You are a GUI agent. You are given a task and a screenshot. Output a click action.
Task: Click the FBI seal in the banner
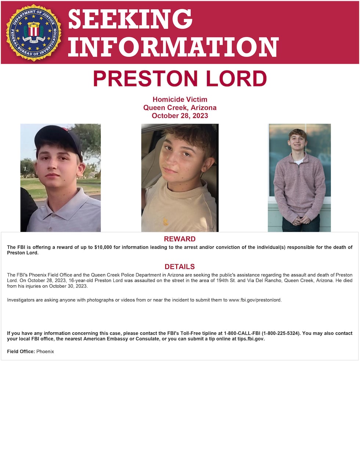[34, 32]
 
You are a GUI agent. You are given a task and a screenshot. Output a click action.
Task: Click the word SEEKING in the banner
[130, 19]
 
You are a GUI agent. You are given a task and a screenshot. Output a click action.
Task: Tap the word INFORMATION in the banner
[173, 47]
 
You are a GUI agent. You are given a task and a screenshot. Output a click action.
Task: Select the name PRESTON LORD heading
[180, 79]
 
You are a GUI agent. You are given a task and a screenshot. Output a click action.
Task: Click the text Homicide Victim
[180, 99]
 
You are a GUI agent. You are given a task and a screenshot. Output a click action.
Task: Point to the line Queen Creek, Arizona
[180, 108]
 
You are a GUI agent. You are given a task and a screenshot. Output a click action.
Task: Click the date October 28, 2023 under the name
[180, 116]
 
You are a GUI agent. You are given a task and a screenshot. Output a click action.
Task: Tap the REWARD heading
[180, 239]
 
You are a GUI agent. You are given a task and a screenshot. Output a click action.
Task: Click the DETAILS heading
[180, 267]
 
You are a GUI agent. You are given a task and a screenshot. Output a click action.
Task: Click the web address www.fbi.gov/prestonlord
[255, 300]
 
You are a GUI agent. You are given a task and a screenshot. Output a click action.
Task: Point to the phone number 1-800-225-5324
[281, 333]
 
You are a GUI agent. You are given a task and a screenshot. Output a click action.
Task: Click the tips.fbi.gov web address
[251, 339]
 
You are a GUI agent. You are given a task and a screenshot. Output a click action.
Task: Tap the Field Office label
[21, 352]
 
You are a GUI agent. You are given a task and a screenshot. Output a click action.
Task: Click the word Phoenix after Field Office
[45, 352]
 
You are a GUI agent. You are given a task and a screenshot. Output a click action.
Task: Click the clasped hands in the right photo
[299, 220]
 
